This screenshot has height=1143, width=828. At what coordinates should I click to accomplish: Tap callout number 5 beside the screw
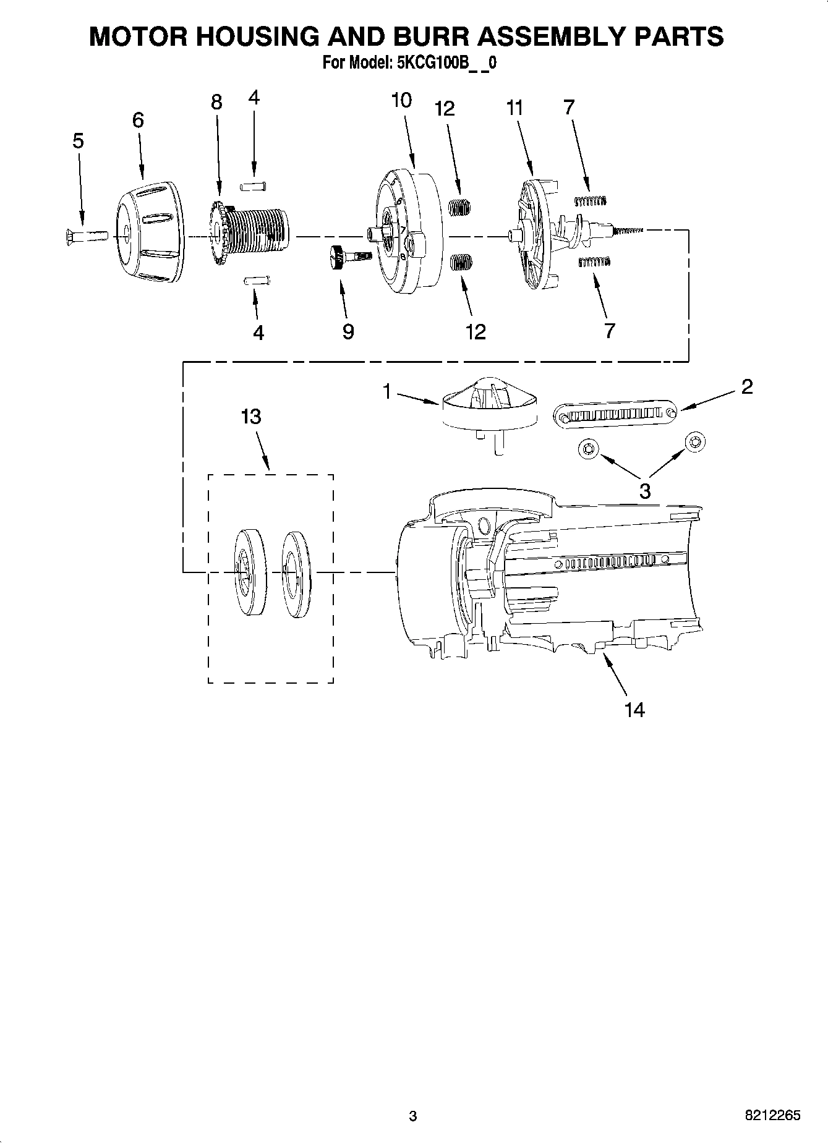coord(78,141)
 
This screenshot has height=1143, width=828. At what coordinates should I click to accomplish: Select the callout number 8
coord(216,102)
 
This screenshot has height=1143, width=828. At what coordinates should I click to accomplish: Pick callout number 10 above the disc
coord(401,100)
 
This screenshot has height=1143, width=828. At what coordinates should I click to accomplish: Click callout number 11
coord(514,108)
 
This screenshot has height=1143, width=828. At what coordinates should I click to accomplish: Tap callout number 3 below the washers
coord(644,491)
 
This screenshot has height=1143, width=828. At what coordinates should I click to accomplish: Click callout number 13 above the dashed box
coord(251,417)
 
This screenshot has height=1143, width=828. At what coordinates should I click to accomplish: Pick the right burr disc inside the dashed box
coord(296,573)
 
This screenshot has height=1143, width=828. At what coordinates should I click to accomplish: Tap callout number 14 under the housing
coord(634,710)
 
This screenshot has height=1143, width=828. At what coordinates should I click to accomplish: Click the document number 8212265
coord(772,1115)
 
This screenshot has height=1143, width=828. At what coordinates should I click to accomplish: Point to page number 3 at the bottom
coord(413,1116)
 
